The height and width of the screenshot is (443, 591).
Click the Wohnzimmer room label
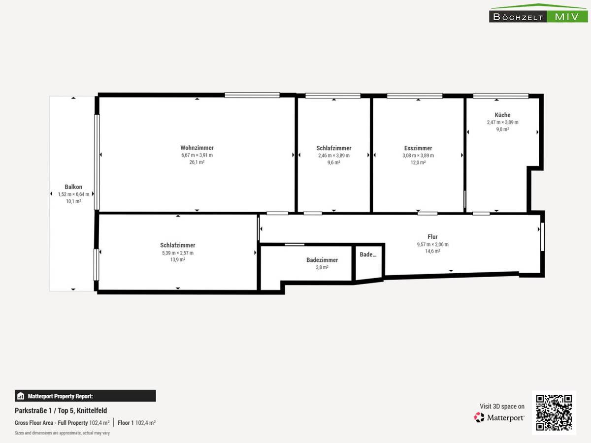coord(197,148)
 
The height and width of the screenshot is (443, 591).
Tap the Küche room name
coord(502,115)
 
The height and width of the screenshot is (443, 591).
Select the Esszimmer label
coord(418,148)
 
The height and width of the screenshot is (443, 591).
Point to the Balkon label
coord(73,187)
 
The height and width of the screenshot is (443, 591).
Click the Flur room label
coord(432,237)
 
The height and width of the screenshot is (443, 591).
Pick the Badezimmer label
coord(322,260)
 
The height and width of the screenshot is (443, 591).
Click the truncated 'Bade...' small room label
coord(368,254)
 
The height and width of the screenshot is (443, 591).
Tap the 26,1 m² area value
coord(197,162)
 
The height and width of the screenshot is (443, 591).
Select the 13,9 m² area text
coord(177,260)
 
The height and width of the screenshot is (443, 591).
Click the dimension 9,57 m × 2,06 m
coord(432,244)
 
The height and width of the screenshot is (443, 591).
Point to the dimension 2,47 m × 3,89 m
coord(502,122)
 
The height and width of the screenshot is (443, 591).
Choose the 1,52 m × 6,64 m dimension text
coord(73,194)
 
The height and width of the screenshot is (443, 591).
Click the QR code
coord(554,412)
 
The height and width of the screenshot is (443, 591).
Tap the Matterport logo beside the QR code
coord(499,417)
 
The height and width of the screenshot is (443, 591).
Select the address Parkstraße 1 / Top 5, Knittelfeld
coord(61,411)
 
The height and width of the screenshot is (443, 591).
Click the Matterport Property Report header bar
coord(85,396)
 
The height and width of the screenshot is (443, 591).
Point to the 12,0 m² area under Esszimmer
coord(418,162)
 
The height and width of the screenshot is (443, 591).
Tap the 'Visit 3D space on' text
coord(502,407)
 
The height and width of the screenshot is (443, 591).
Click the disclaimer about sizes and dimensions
coord(62,433)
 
